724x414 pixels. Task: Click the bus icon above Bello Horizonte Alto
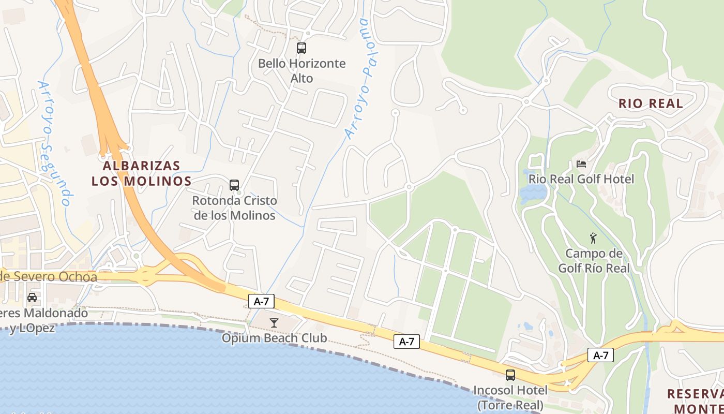pos(301,48)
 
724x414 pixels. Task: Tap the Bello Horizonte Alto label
pos(301,71)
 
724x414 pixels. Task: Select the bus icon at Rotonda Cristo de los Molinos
pos(234,185)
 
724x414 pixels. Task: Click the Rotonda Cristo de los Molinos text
pos(234,208)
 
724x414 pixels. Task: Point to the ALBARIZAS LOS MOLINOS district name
pos(141,173)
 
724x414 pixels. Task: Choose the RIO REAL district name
pos(651,103)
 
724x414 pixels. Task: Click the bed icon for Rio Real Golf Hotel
pos(581,164)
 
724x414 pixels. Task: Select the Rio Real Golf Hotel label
pos(581,180)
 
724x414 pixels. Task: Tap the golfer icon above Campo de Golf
pos(593,238)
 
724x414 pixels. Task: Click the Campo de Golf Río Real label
pos(594,261)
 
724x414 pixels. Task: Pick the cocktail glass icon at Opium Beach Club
pos(274,323)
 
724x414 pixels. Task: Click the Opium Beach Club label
pos(274,338)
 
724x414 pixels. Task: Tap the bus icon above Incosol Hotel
pos(510,375)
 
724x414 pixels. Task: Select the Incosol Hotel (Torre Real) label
pos(510,397)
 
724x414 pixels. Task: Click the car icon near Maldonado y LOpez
pos(32,298)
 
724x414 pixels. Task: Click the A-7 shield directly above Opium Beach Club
pos(261,301)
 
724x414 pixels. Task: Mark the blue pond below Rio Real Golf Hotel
pos(533,194)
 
